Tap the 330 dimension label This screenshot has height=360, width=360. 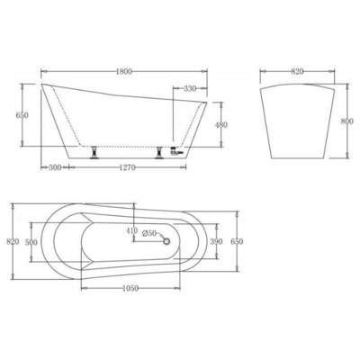click(x=191, y=89)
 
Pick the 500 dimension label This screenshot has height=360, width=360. click(x=31, y=242)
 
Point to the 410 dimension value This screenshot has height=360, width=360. click(x=133, y=230)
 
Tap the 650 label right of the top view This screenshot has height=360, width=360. click(x=236, y=242)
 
